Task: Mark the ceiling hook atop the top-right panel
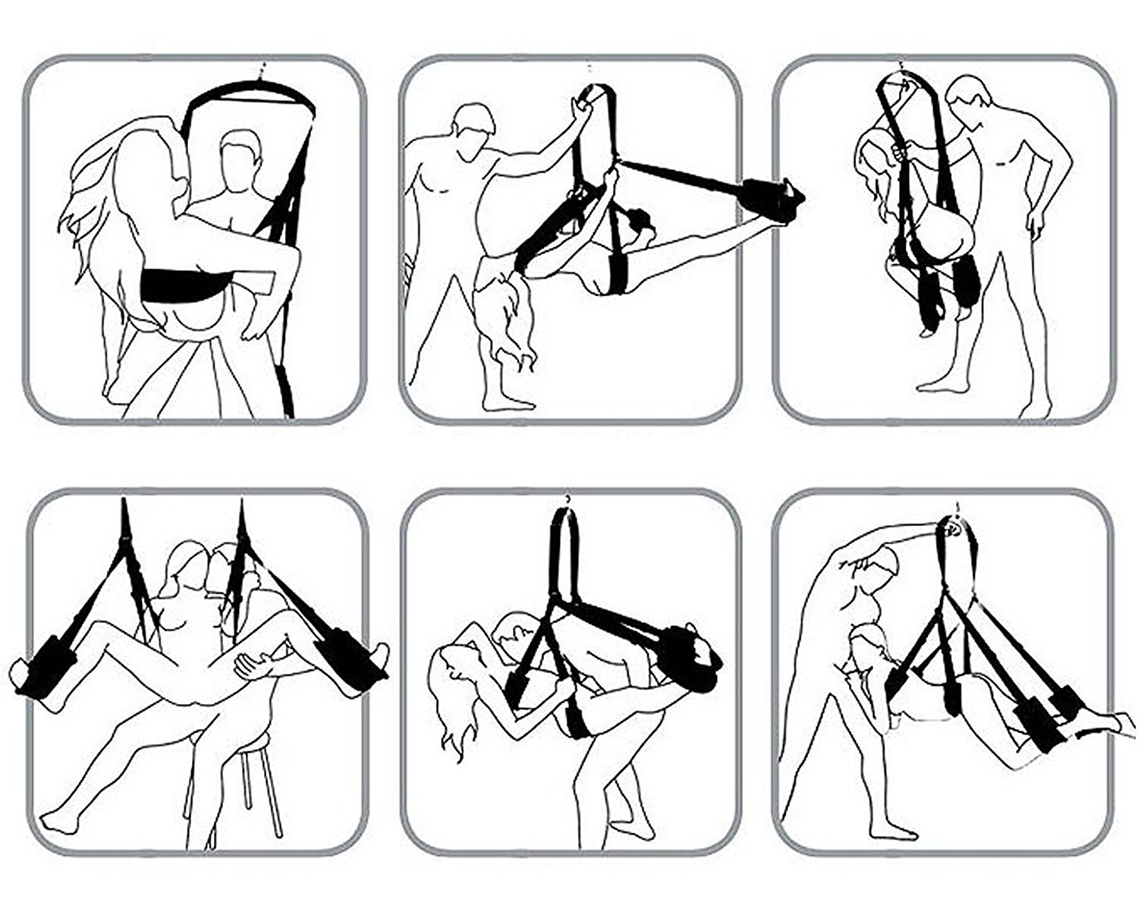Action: tap(901, 67)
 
